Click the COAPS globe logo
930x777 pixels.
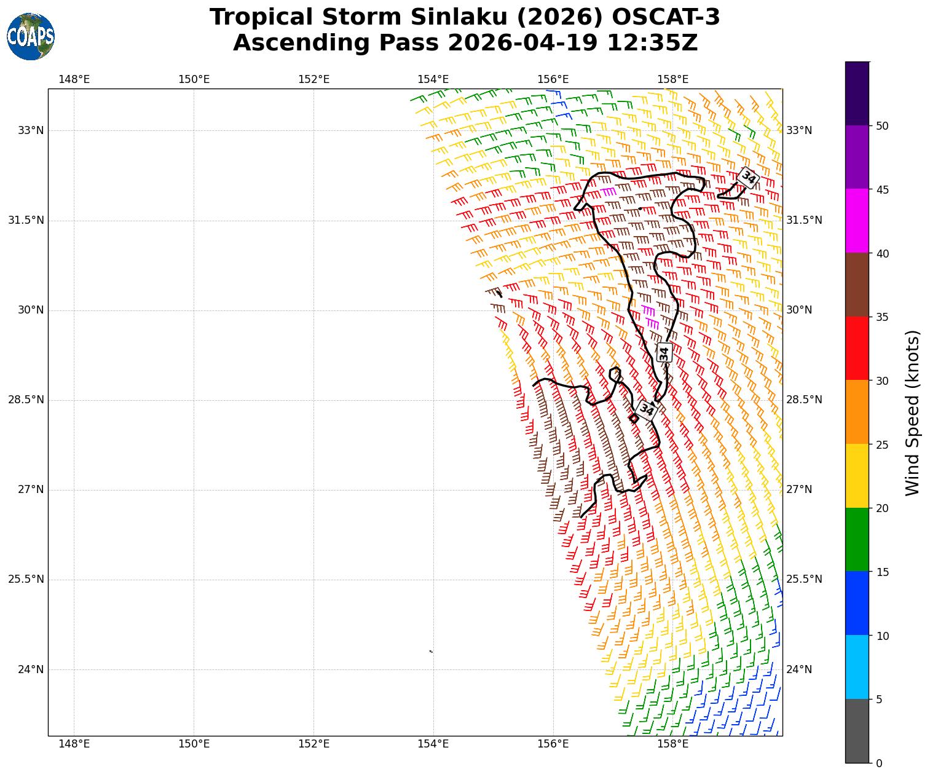[x=31, y=36]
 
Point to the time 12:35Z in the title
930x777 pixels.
[x=652, y=43]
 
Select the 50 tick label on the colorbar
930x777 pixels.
[x=882, y=126]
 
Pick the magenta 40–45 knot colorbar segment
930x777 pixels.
[x=857, y=221]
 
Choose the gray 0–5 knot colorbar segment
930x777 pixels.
[x=857, y=731]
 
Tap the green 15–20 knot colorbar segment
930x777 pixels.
[x=857, y=539]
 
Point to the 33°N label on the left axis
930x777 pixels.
[x=31, y=130]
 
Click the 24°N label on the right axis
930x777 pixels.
[x=799, y=669]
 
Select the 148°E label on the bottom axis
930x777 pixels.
[x=74, y=744]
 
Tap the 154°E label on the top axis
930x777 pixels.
[x=433, y=79]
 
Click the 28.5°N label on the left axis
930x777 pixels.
[x=26, y=400]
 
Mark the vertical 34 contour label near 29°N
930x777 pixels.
[x=664, y=353]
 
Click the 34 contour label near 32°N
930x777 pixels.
[x=748, y=178]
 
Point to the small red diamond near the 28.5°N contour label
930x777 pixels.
[x=634, y=418]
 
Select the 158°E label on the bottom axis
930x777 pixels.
[x=673, y=744]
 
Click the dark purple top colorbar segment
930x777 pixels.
[x=857, y=93]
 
